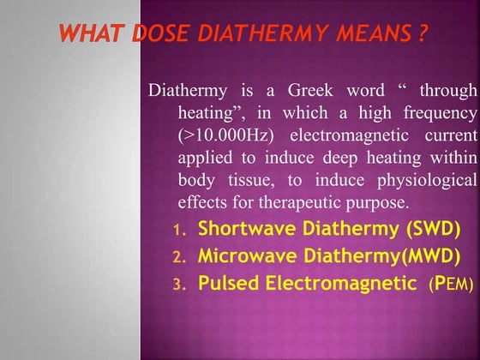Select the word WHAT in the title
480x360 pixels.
(x=94, y=36)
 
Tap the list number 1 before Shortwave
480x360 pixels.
(x=178, y=231)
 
